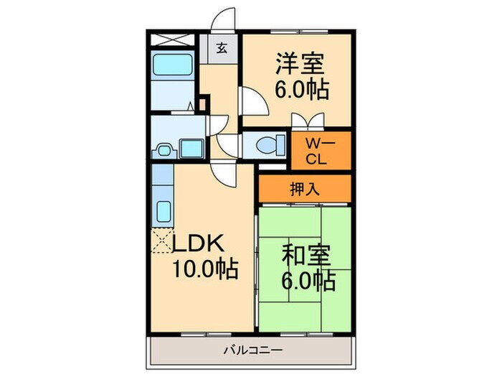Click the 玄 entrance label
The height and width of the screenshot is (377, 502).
[222, 49]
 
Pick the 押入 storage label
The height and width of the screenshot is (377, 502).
[304, 190]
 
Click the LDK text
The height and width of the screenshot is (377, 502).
[199, 243]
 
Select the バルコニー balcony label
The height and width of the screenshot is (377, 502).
[251, 350]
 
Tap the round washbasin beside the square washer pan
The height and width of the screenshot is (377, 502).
[164, 151]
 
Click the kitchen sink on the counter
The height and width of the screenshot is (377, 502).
[163, 213]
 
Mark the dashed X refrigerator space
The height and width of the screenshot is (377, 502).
[162, 241]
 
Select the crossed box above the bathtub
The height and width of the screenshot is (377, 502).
[173, 39]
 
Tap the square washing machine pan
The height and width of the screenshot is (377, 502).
[191, 149]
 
